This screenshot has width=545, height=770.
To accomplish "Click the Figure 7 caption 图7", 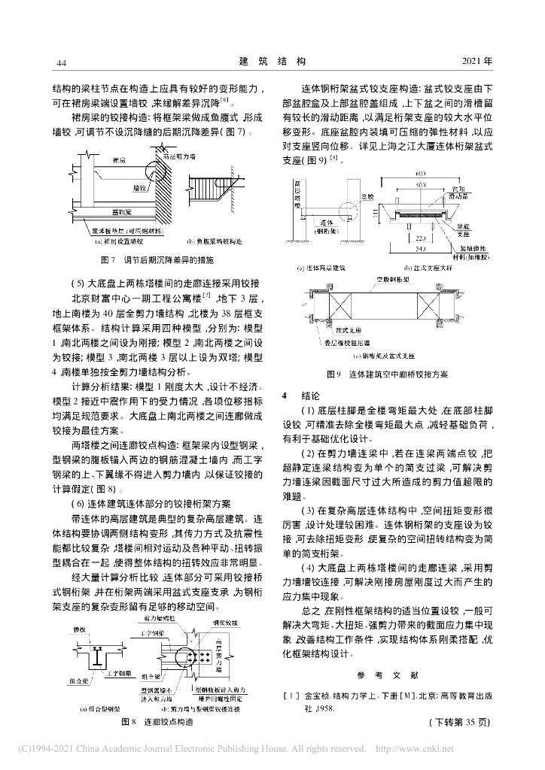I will [x=106, y=259].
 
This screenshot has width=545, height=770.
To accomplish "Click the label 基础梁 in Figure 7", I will [x=117, y=213].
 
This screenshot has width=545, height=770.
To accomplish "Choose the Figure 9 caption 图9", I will [x=333, y=373].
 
